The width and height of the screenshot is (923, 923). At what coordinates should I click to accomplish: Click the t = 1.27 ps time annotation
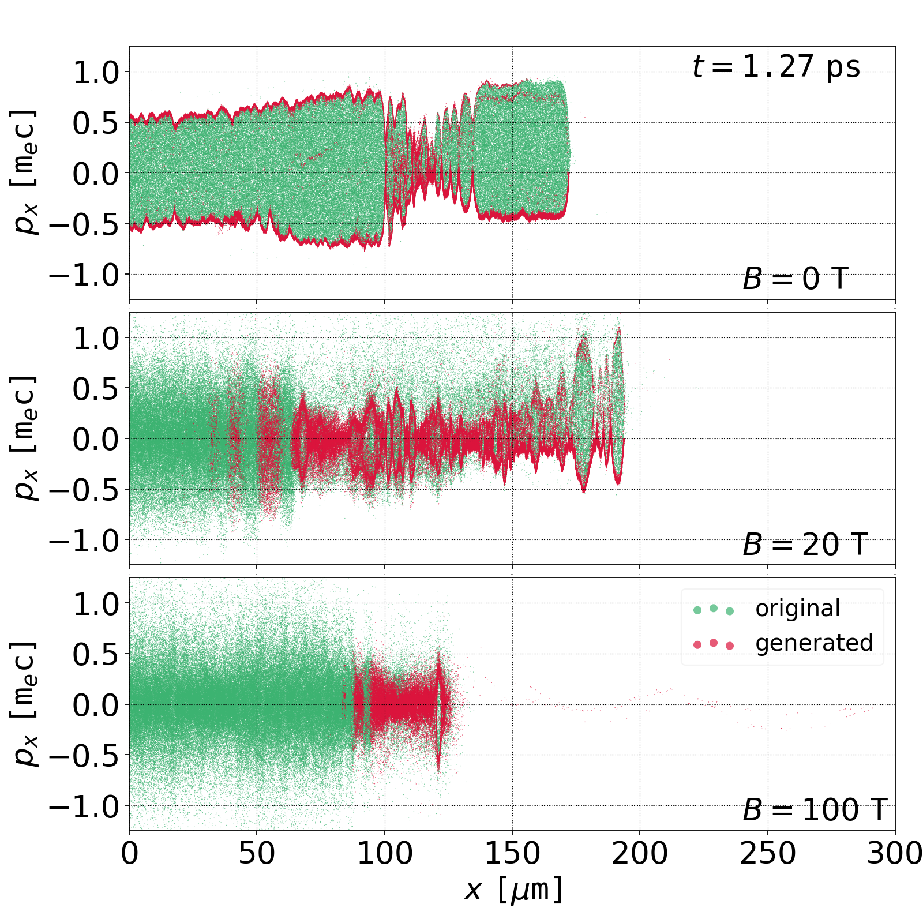coord(776,67)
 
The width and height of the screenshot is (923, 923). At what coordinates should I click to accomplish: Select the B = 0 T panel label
coord(795,279)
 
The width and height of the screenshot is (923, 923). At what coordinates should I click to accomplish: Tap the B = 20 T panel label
coord(805,545)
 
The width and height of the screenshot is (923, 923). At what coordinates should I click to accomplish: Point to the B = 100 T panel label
coord(814,810)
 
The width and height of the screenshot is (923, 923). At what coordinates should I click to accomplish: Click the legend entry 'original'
coord(797,609)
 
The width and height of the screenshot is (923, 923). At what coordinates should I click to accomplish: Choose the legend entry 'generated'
coord(814,643)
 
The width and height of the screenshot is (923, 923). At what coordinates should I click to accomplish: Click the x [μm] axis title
coord(512,890)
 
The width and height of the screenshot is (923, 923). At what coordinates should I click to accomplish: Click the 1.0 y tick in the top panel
coord(96,73)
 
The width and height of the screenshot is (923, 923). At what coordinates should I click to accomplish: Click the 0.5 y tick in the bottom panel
coord(96,654)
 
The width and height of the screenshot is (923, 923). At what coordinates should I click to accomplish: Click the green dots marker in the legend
coord(713,609)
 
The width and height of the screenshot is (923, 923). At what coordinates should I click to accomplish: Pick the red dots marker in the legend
coord(713,644)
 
